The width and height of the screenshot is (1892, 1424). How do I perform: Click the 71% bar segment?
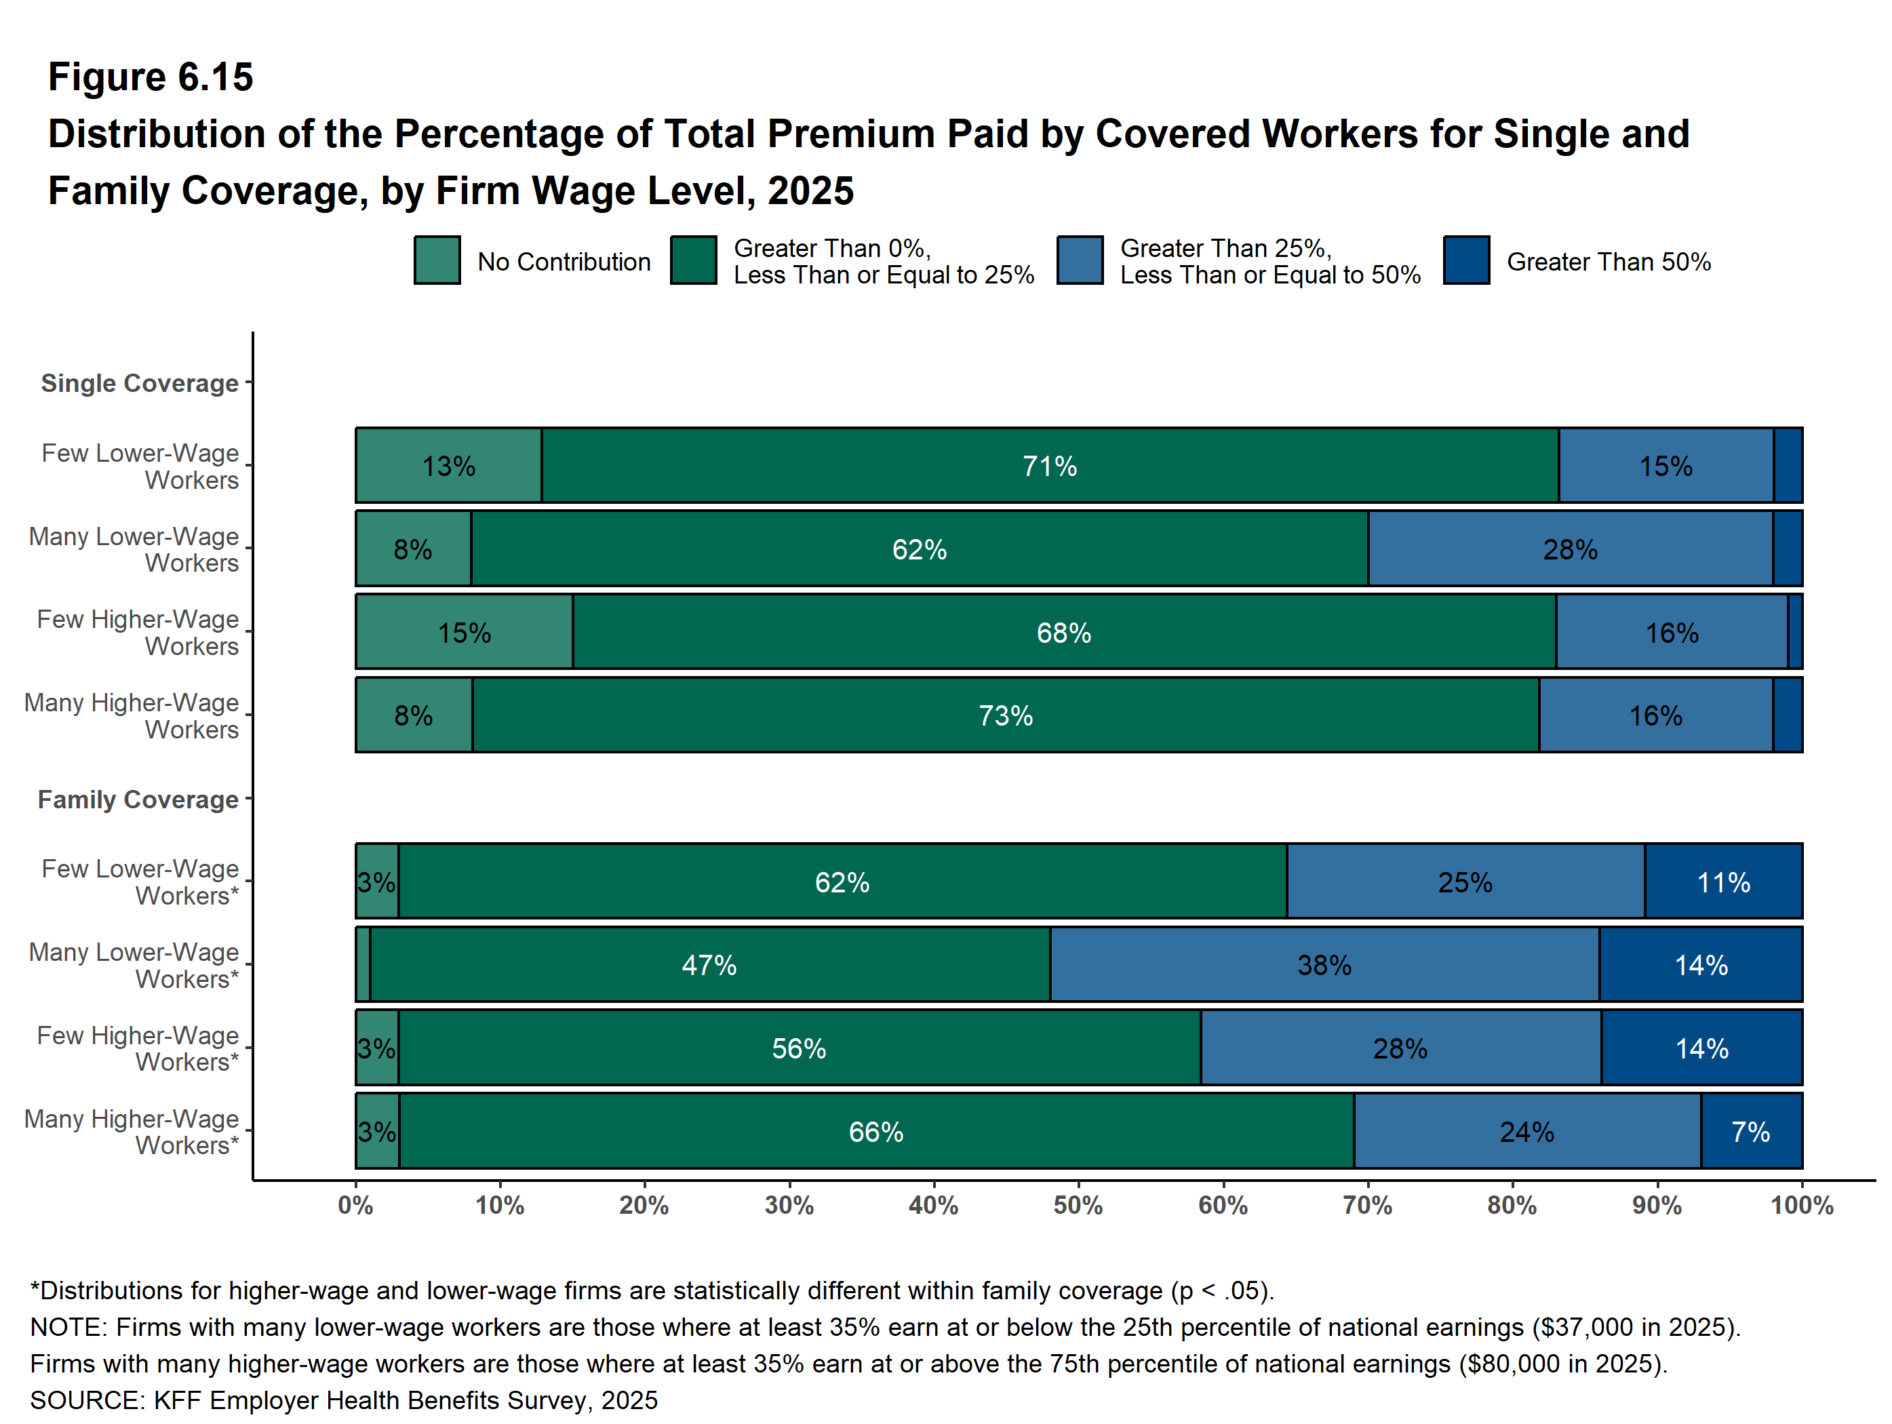coord(1050,465)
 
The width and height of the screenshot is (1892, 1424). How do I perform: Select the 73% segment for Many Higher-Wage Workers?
coord(1005,715)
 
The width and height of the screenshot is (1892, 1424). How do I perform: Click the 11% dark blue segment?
coord(1724,881)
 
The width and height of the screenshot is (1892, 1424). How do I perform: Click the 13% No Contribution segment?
coord(449,465)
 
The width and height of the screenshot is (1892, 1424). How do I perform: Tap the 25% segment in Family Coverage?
coord(1465,881)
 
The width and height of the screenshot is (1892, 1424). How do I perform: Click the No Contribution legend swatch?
coord(437,260)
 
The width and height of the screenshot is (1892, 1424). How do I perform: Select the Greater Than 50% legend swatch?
coord(1466,260)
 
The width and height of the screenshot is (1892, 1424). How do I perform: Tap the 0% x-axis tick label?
coord(356,1206)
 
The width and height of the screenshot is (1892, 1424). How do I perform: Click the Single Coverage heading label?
coord(140,383)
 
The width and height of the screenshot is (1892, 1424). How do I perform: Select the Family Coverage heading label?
coord(138,799)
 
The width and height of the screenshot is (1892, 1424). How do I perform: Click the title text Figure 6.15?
coord(151,77)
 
